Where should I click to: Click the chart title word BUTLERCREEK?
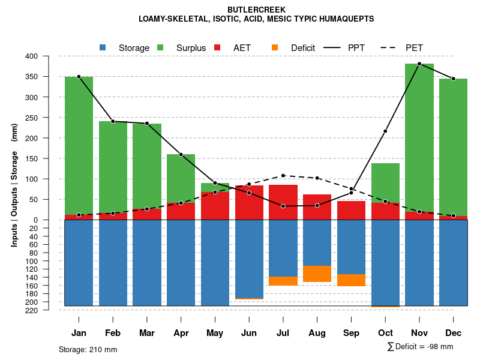256,10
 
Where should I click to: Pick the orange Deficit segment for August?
317,274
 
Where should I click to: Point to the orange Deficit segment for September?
352,280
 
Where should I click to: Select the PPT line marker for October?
385,131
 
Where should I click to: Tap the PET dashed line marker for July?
283,176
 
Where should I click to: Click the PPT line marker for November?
419,64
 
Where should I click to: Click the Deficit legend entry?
294,48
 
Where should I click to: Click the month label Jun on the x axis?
249,333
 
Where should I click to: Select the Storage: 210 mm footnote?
88,349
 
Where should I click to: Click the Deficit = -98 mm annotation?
420,346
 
